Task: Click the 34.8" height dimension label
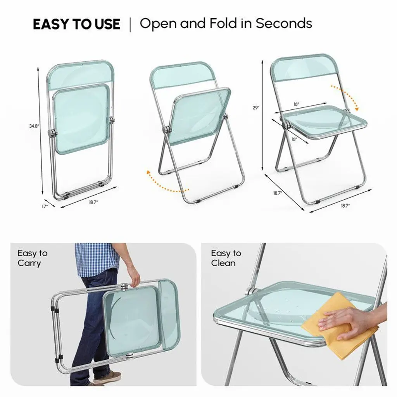34,126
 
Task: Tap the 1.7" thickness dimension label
45,206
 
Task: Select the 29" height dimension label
256,108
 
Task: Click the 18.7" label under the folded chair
93,202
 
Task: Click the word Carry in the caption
29,264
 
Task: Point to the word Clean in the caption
223,263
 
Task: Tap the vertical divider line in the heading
130,24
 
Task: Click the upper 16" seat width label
296,104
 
